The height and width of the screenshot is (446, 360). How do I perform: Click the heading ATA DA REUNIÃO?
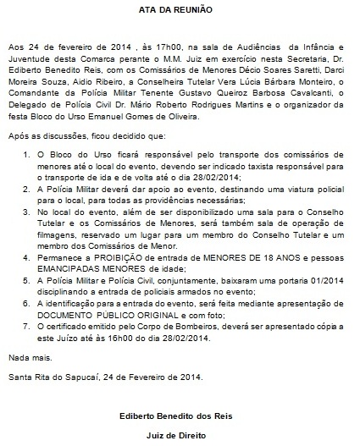pos(180,7)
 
